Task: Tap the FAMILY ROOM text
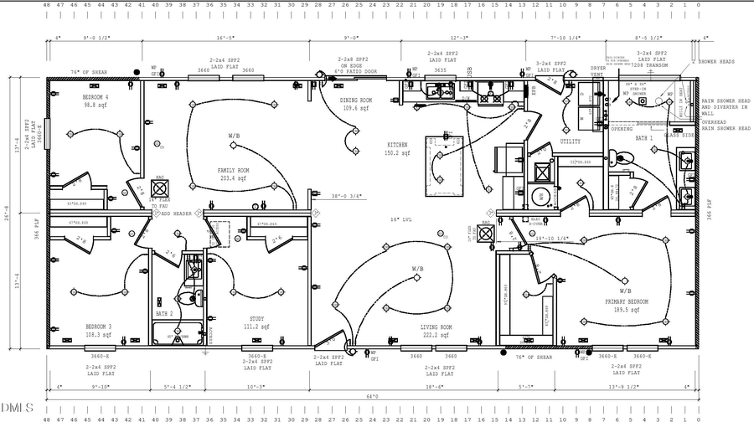(x=233, y=170)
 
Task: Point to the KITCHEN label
(x=397, y=145)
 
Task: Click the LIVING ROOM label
(x=436, y=327)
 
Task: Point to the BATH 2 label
(x=164, y=313)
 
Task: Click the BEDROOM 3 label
(x=99, y=327)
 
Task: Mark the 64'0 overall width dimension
(x=372, y=396)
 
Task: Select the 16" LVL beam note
(x=397, y=219)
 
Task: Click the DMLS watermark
(x=17, y=408)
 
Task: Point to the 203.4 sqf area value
(x=233, y=178)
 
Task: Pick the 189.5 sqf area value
(x=623, y=309)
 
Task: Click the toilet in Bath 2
(x=194, y=296)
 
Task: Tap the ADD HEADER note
(x=177, y=213)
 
